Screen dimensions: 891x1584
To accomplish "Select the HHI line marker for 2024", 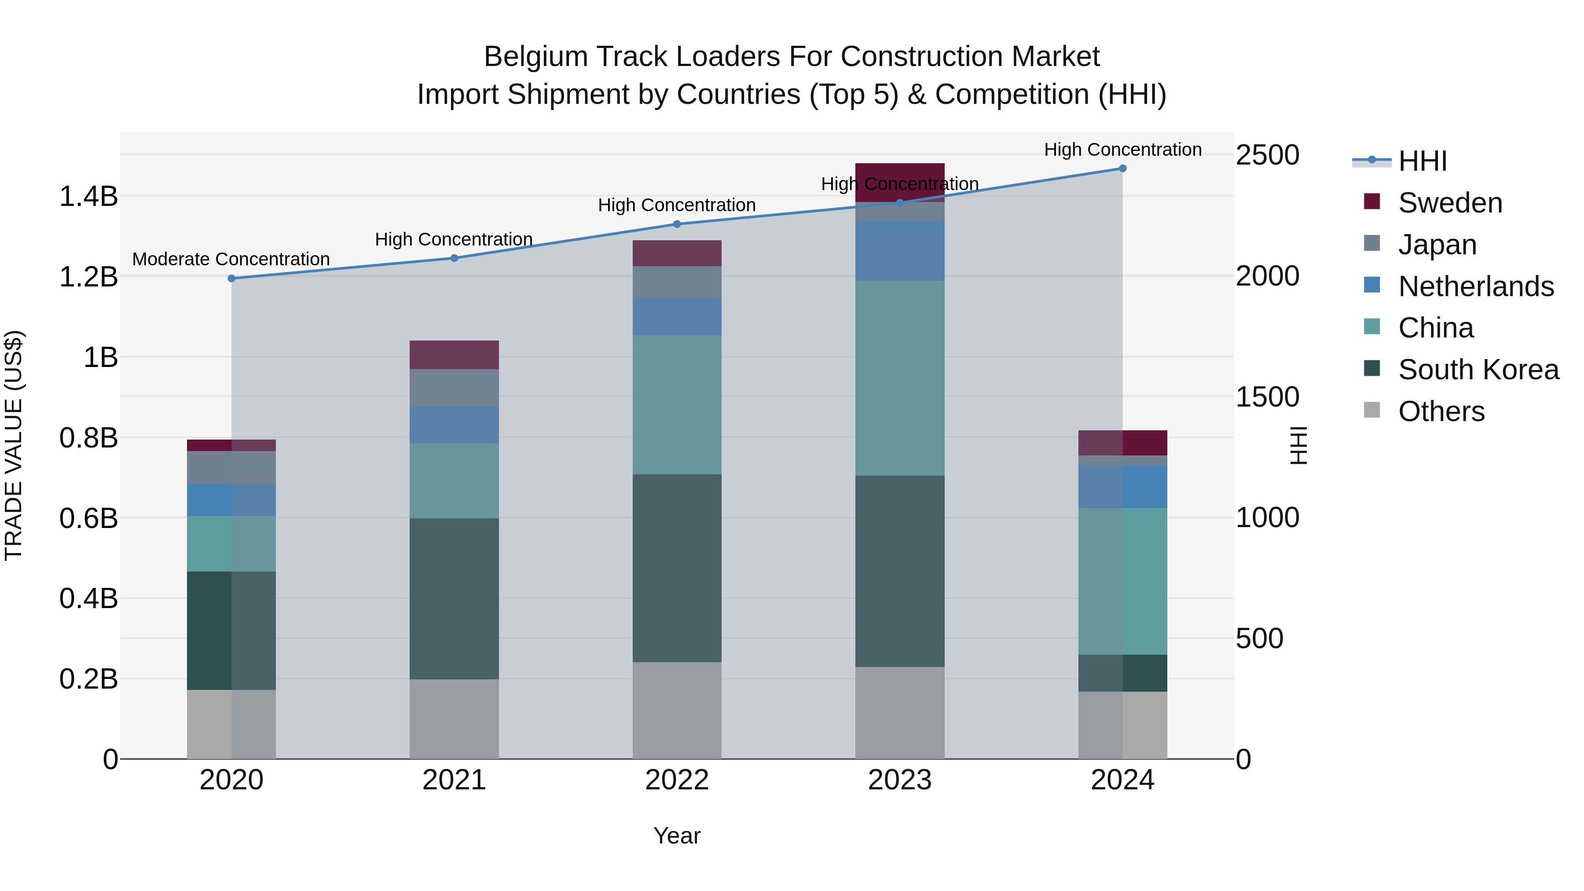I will click(x=1122, y=169).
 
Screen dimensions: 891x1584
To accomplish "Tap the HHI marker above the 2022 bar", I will click(x=677, y=224).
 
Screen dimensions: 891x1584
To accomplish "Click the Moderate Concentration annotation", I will click(x=231, y=260).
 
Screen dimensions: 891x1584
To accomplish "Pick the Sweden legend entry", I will click(x=1449, y=203).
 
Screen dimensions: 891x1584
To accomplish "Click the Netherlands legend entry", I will click(x=1475, y=286).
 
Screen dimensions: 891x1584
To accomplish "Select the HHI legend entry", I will click(x=1422, y=161).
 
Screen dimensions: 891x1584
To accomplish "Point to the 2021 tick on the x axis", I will click(x=454, y=780).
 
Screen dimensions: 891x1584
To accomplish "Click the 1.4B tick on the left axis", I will click(x=88, y=197).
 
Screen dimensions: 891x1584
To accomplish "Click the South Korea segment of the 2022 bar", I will click(x=677, y=568).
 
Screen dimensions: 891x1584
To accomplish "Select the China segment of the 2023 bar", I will click(x=900, y=378).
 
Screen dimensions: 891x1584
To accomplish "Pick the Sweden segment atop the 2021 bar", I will click(x=454, y=355).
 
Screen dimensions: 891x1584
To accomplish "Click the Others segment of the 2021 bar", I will click(x=454, y=719).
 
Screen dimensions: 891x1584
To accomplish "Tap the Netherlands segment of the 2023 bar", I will click(x=900, y=251).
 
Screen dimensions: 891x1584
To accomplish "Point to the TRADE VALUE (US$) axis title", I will click(x=14, y=445).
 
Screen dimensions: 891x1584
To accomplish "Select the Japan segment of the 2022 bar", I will click(x=677, y=282).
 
